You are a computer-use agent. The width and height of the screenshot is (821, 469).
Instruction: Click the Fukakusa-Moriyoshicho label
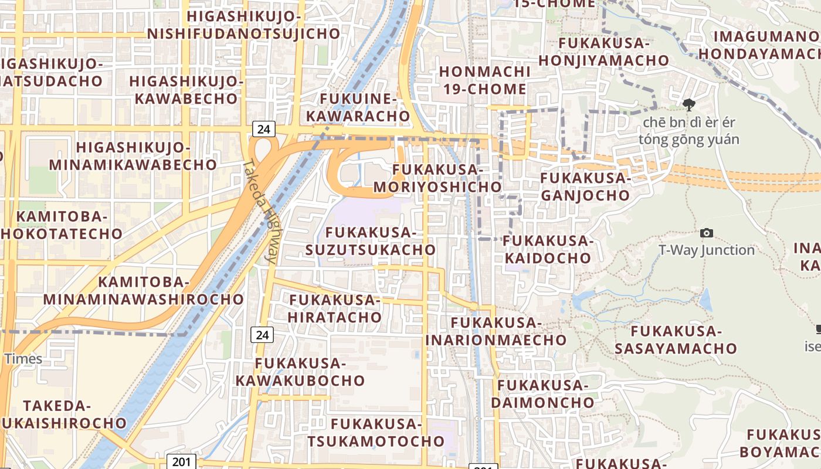click(x=437, y=179)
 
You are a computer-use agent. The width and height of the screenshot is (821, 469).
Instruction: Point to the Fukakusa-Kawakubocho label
click(x=300, y=372)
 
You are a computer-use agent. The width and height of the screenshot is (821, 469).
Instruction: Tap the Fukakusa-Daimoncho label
click(x=542, y=394)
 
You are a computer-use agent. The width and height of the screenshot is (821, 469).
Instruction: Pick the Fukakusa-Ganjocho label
click(x=585, y=186)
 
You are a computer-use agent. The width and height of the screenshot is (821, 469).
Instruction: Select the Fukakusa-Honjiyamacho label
click(x=604, y=52)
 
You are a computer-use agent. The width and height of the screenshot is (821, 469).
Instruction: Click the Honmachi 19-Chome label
click(x=484, y=80)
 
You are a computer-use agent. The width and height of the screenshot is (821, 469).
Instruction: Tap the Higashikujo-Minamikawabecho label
click(x=133, y=156)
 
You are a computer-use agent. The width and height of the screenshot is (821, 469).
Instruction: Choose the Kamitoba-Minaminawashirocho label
click(x=143, y=291)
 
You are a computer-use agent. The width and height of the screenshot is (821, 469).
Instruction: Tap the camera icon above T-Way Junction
click(x=707, y=233)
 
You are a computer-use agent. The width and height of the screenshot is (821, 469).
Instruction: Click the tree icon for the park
click(x=688, y=105)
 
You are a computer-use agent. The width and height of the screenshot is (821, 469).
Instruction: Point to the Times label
click(x=23, y=359)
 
